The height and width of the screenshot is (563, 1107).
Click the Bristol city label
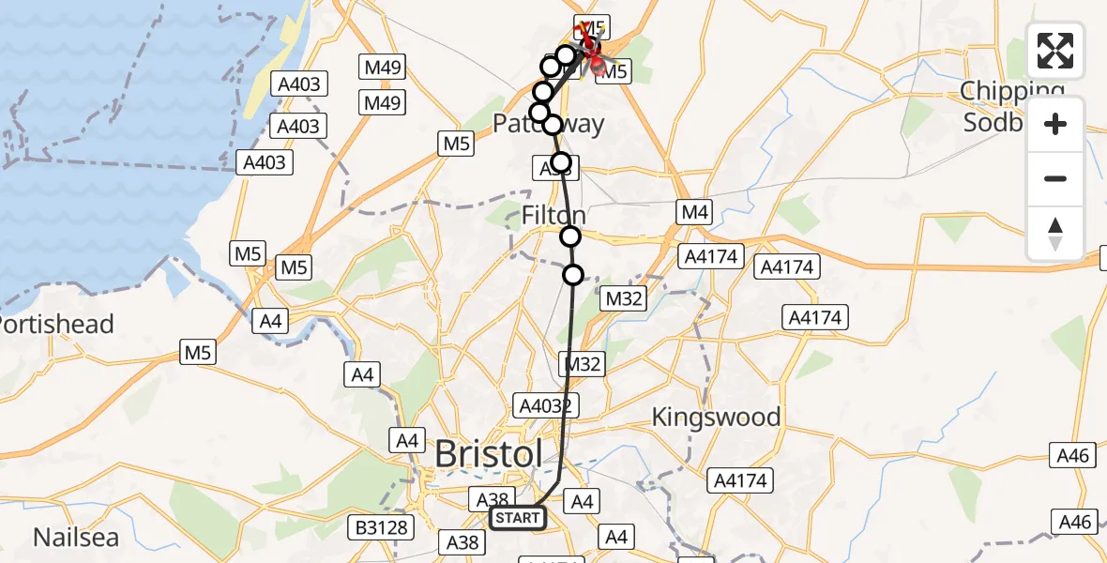tap(488, 455)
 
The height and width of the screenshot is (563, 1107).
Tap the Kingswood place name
tap(716, 417)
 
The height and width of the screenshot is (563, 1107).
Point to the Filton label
tap(553, 216)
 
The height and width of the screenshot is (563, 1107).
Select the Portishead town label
tap(56, 325)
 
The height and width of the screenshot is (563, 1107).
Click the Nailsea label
tap(75, 538)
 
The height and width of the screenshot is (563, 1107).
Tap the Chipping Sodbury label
tap(1011, 107)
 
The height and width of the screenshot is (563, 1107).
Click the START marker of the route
tap(517, 518)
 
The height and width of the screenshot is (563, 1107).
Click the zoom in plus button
tap(1055, 124)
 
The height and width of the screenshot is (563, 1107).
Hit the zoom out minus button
tap(1055, 178)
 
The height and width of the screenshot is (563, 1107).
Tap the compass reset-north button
tap(1055, 233)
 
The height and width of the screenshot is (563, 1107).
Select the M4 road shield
tap(694, 213)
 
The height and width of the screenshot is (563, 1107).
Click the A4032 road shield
tap(546, 405)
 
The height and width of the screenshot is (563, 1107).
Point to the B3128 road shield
tap(383, 527)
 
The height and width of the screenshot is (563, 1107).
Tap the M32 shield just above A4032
tap(582, 364)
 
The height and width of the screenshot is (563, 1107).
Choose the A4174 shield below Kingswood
tap(739, 481)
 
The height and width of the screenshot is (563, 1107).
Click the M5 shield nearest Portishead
tap(199, 353)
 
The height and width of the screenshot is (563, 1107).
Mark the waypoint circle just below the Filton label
tap(570, 236)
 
